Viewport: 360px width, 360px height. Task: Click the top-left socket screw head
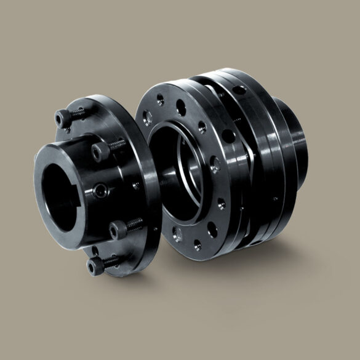pyautogui.click(x=62, y=118)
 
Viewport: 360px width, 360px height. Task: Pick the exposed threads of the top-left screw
pyautogui.click(x=78, y=113)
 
